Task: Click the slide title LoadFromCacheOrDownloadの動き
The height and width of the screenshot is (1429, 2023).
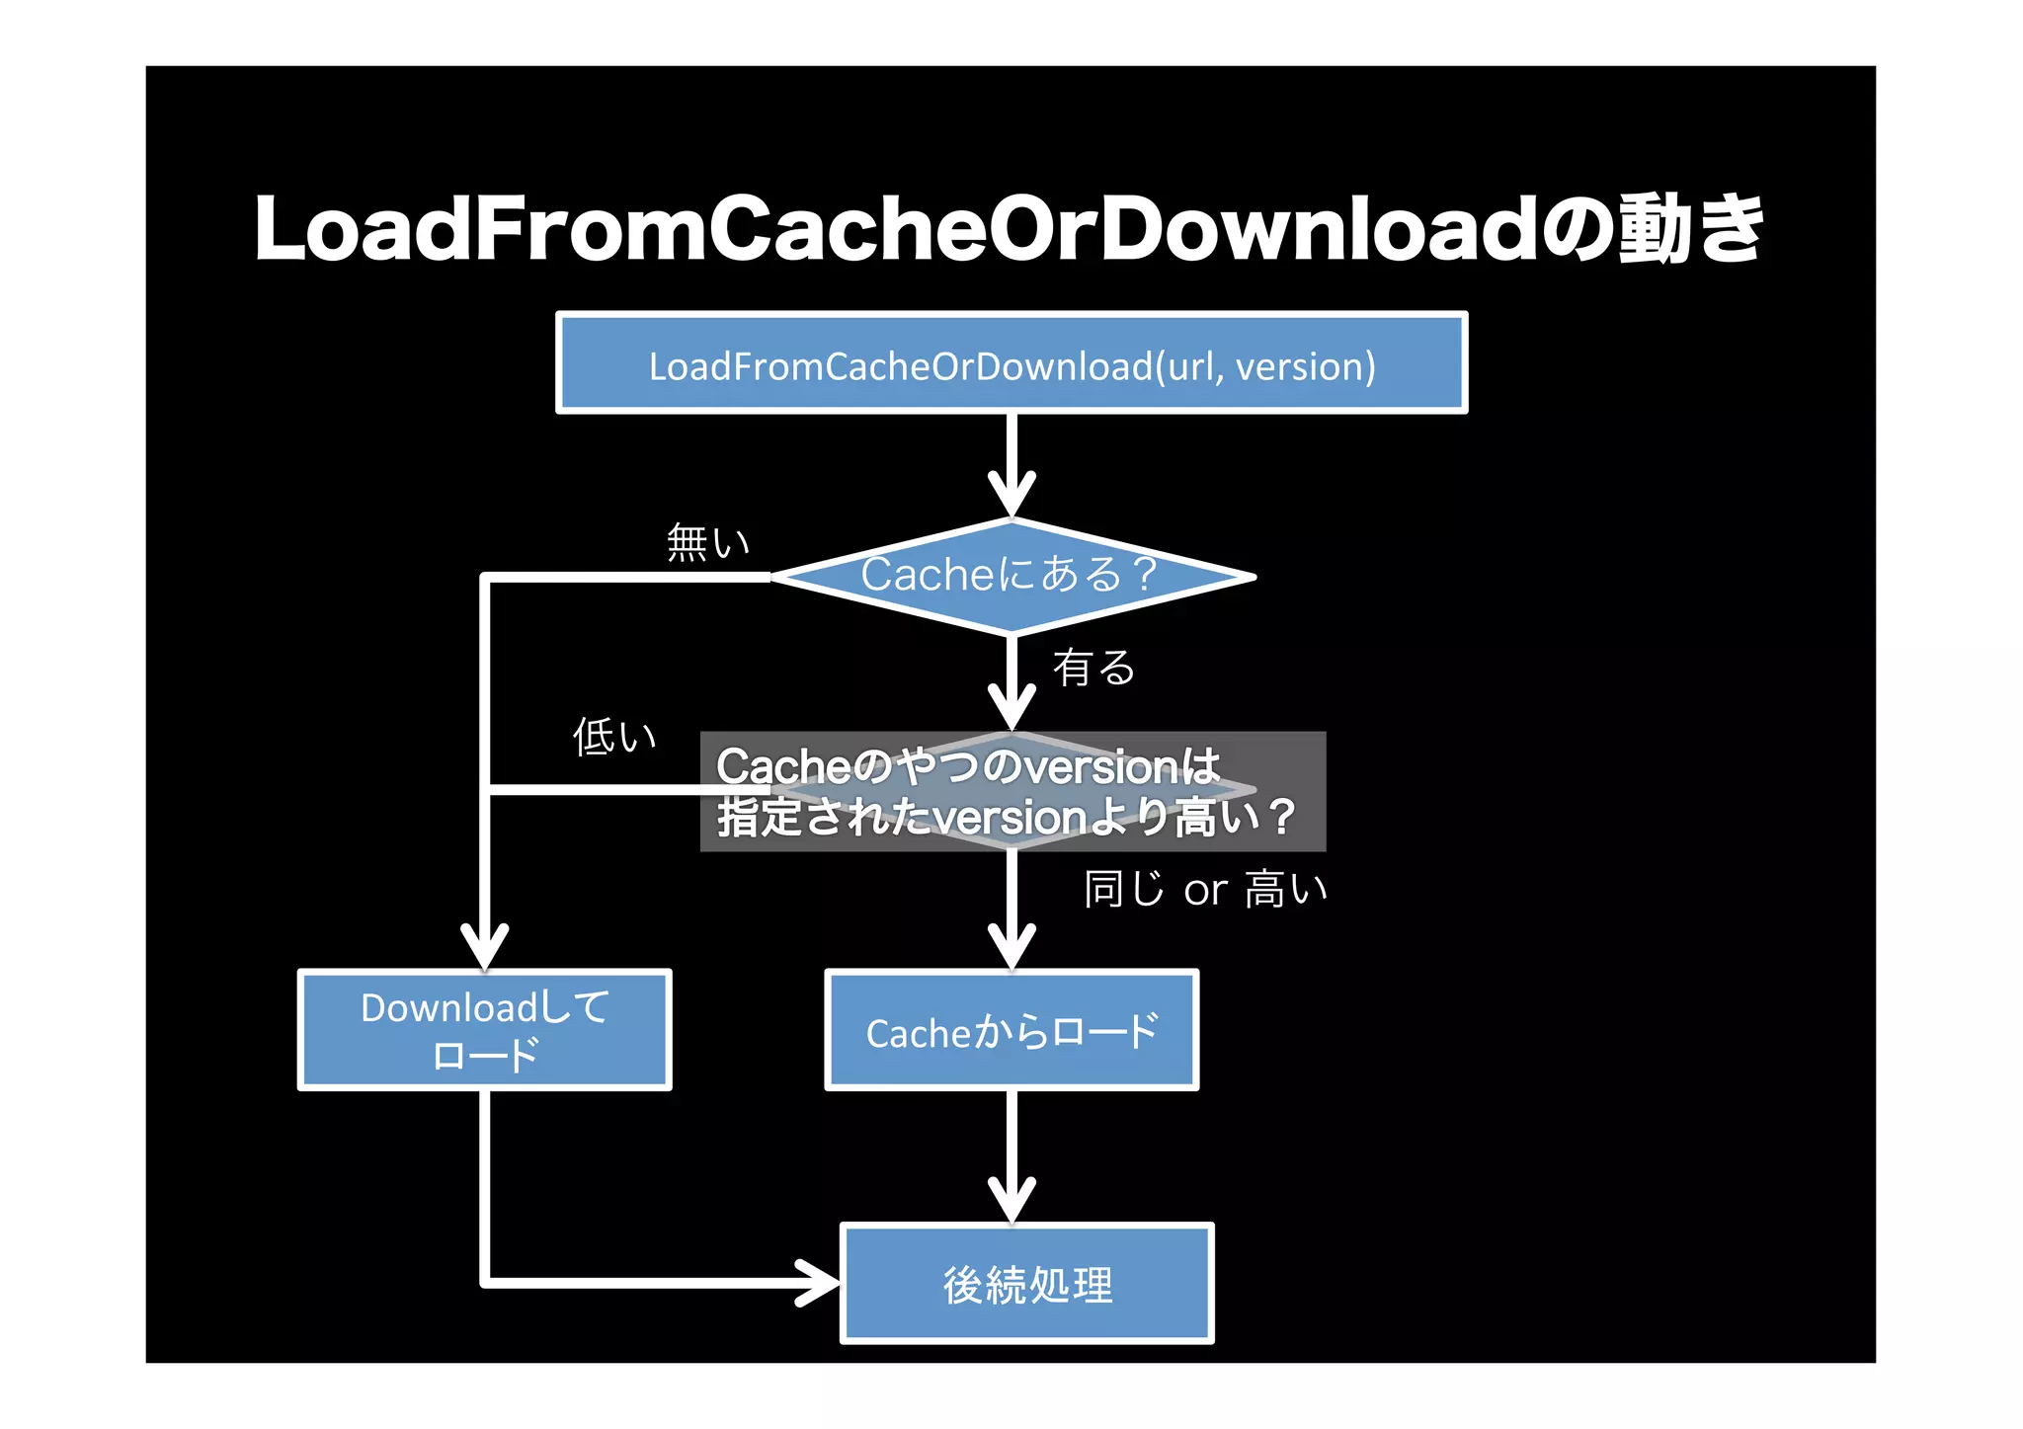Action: tap(1008, 229)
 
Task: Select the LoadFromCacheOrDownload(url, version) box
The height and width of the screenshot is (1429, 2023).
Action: tap(1011, 363)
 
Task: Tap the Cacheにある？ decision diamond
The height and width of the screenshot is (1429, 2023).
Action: tap(1011, 576)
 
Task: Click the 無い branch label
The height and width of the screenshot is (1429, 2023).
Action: tap(707, 543)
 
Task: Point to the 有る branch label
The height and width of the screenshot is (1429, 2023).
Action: tap(1093, 668)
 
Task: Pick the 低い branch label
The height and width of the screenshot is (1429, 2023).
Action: tap(614, 737)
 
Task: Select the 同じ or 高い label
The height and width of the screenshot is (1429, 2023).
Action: tap(1205, 890)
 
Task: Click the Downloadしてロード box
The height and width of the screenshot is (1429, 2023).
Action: tap(484, 1030)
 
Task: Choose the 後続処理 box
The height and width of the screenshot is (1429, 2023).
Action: tap(1026, 1284)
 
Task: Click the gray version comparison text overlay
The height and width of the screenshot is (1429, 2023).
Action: tap(1011, 792)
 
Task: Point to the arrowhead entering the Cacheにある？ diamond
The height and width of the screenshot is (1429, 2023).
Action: tap(1011, 494)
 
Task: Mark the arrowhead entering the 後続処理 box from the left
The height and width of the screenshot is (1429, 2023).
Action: tap(820, 1283)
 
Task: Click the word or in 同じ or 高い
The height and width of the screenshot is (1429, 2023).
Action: tap(1205, 892)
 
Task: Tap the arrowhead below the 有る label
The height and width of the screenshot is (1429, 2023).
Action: tap(1011, 707)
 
